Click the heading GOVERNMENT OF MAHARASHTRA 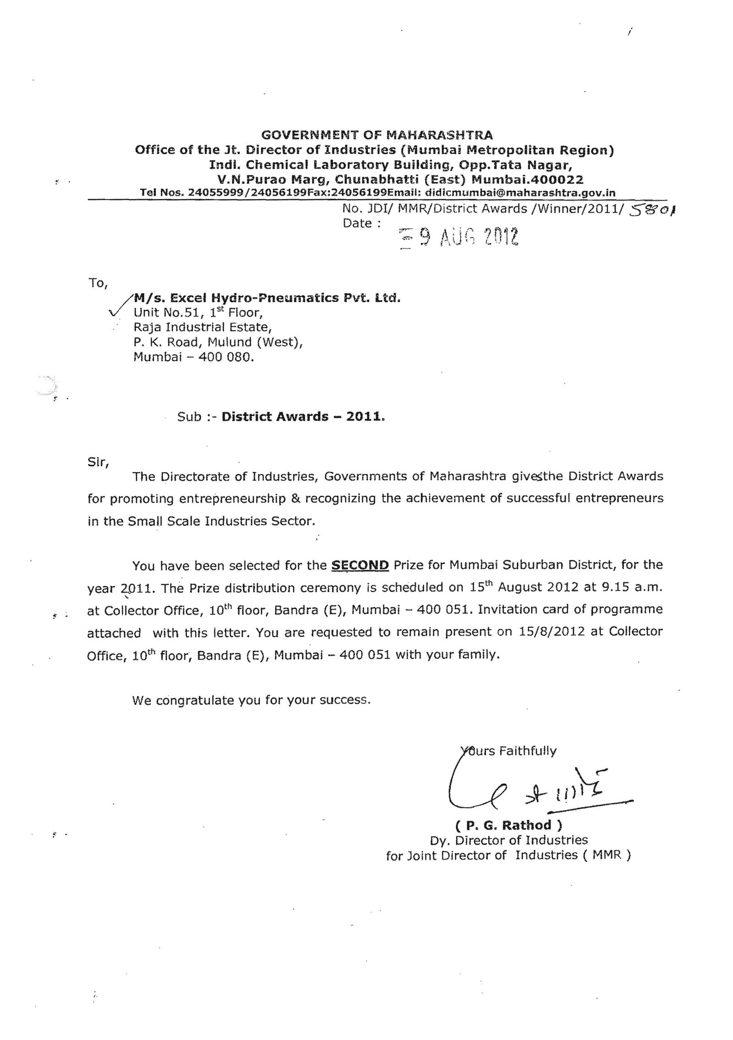click(x=377, y=135)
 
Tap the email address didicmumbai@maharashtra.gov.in click(x=520, y=193)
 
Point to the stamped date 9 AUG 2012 click(x=459, y=237)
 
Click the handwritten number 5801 click(x=653, y=210)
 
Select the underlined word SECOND click(x=360, y=565)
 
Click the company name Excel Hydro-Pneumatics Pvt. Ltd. click(x=267, y=299)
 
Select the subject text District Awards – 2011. click(x=303, y=416)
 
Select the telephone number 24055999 click(x=216, y=193)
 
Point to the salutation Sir click(x=98, y=462)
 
